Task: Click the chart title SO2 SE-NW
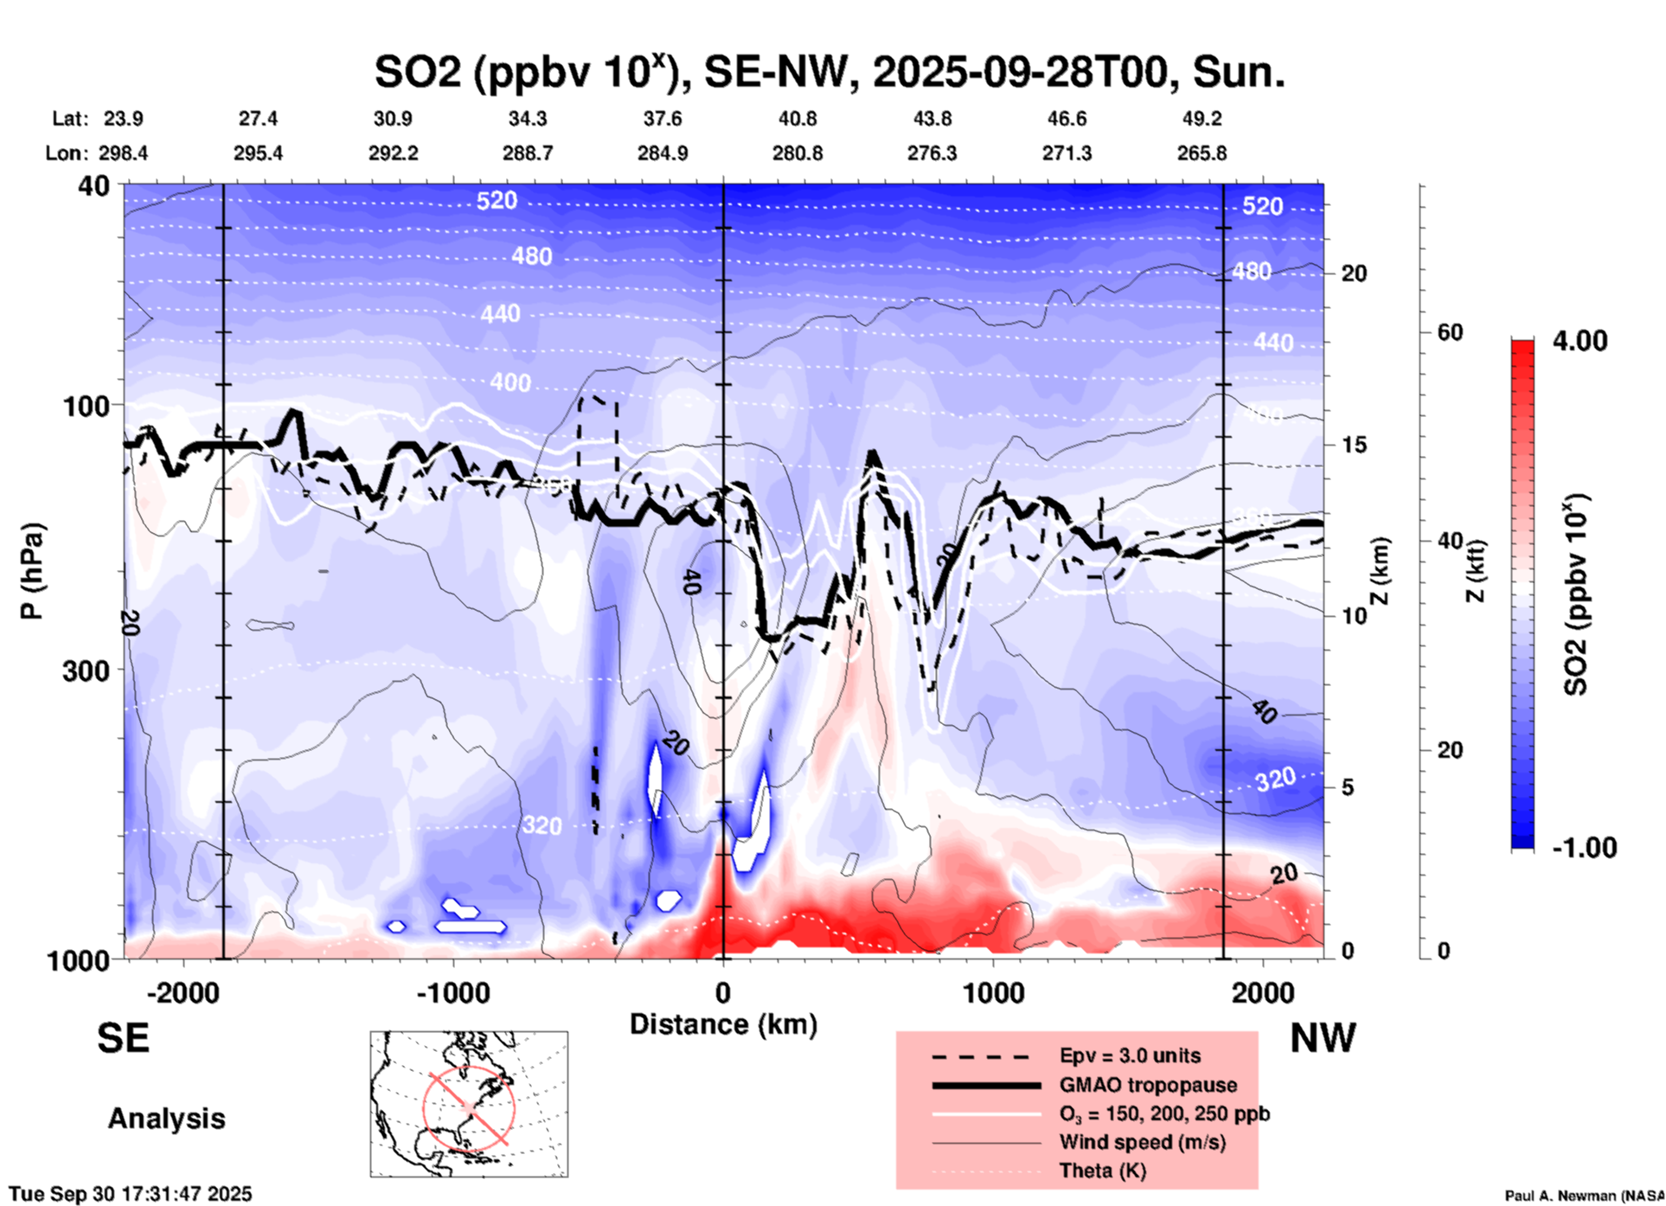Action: pos(829,72)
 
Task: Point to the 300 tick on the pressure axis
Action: pos(87,670)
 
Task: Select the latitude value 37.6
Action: pos(662,119)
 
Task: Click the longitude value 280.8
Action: pos(797,153)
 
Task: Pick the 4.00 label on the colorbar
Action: pos(1579,341)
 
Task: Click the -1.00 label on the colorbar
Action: pos(1584,847)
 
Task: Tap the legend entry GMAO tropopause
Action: pos(1148,1085)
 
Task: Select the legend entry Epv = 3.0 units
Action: pos(1130,1055)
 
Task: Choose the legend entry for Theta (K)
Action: pos(1102,1171)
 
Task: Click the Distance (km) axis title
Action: pos(723,1024)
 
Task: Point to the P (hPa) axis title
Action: pos(32,571)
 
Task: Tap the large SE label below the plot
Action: pos(123,1038)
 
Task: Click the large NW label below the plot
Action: pos(1323,1038)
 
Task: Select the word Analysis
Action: pos(166,1119)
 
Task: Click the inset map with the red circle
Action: pos(469,1104)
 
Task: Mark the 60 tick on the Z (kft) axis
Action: pos(1449,332)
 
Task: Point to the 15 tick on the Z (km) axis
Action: pos(1354,445)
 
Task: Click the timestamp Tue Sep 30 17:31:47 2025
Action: pos(131,1194)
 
